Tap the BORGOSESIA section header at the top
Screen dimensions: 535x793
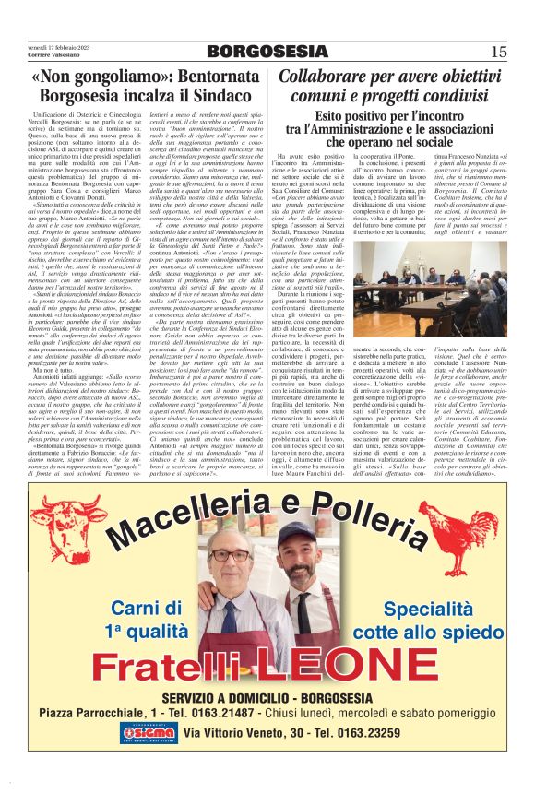coord(267,51)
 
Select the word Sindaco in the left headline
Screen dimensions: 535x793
coord(211,96)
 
